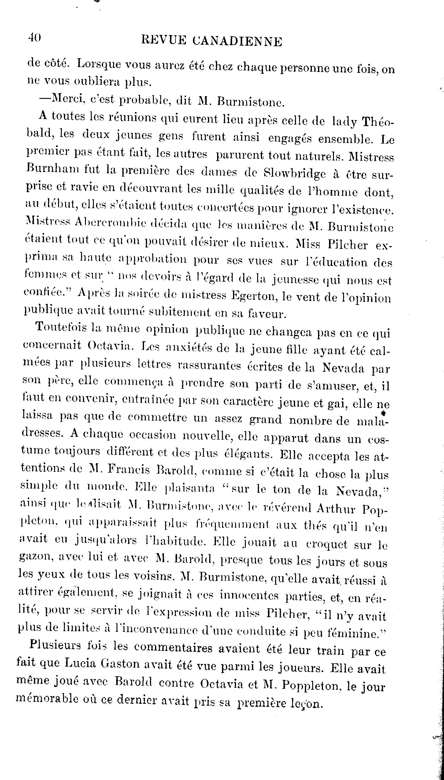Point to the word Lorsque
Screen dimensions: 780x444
click(99, 65)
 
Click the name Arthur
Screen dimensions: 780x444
click(336, 510)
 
